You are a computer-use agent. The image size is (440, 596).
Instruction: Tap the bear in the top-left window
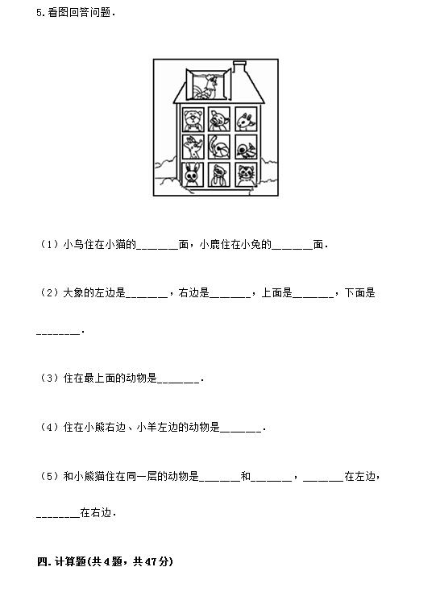point(193,119)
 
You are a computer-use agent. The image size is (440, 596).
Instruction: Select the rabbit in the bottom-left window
point(193,175)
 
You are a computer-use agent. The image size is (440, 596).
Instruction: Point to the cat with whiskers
point(246,175)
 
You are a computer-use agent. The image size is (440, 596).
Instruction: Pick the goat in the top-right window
point(246,120)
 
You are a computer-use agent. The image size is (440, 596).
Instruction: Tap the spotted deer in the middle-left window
point(193,147)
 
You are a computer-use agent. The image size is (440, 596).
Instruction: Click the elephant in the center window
point(219,147)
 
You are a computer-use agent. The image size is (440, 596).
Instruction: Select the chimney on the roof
point(239,67)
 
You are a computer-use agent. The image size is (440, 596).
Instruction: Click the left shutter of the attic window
point(189,84)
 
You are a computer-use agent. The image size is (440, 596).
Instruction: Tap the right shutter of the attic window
point(227,84)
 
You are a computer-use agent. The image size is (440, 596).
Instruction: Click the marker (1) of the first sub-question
point(49,244)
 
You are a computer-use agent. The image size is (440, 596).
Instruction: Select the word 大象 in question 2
point(73,292)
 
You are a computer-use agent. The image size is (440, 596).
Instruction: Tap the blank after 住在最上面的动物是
point(178,381)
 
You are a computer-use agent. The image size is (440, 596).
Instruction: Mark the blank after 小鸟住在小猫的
point(157,248)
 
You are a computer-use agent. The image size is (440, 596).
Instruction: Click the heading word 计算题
point(70,561)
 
